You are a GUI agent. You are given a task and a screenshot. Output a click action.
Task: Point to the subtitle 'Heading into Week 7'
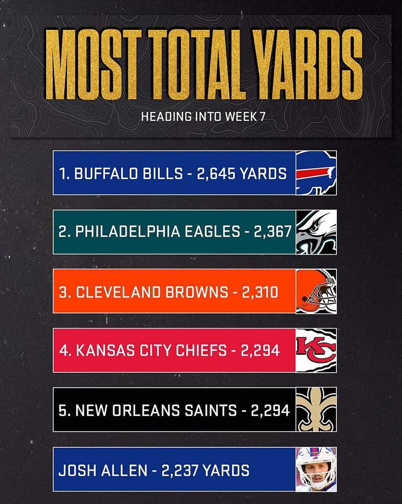click(x=203, y=116)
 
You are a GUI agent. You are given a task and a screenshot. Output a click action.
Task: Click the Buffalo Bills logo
click(x=316, y=173)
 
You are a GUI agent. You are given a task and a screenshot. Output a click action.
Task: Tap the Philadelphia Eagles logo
click(x=316, y=232)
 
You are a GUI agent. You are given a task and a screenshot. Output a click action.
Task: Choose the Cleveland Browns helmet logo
click(x=316, y=291)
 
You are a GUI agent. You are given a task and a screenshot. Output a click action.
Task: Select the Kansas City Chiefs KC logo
click(x=316, y=350)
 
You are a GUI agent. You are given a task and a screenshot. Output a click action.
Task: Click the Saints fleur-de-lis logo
click(x=316, y=409)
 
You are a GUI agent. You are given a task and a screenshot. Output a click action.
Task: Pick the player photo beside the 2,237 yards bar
click(x=316, y=469)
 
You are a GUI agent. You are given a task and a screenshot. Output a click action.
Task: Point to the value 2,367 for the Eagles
click(x=271, y=233)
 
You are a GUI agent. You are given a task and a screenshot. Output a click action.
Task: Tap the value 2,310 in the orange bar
click(x=260, y=292)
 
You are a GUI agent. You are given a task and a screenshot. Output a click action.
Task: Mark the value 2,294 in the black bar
click(x=270, y=410)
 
